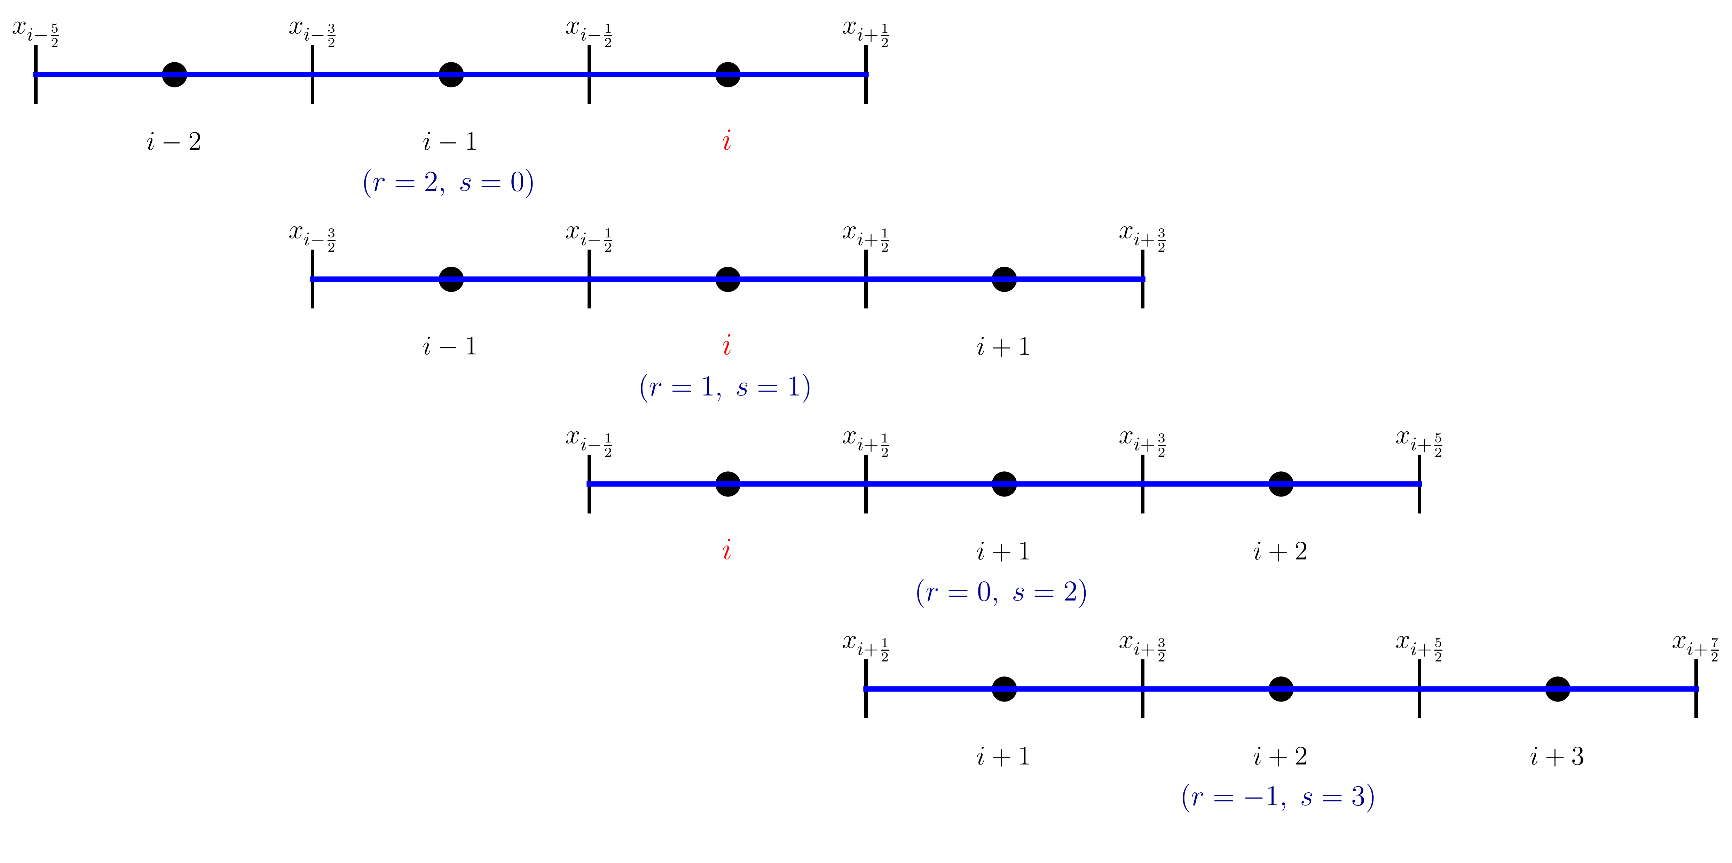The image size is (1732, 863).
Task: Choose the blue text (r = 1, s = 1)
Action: (725, 387)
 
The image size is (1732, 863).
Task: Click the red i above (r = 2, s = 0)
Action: (727, 141)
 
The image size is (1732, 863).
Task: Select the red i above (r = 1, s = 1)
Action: (727, 346)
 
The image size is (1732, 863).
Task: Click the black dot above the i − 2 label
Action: (174, 74)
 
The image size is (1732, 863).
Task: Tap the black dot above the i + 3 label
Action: (1557, 689)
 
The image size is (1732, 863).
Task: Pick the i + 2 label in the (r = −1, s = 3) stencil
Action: (1280, 757)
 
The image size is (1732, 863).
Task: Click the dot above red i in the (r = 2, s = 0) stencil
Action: (727, 74)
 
